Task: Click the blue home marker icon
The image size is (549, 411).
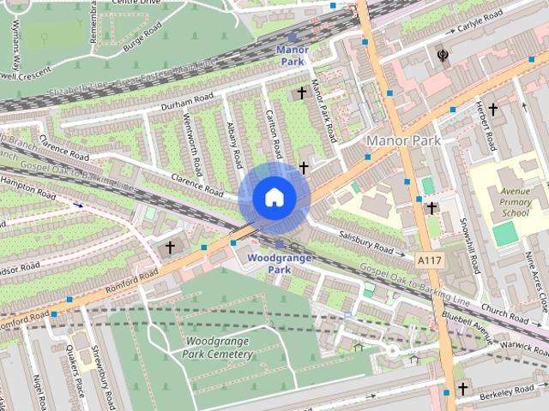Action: click(x=274, y=198)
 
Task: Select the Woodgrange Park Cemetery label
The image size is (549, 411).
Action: click(x=219, y=348)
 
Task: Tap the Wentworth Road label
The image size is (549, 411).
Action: click(x=194, y=140)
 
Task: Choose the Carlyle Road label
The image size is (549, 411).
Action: click(x=478, y=20)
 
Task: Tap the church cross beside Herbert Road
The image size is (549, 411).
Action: click(x=493, y=109)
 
